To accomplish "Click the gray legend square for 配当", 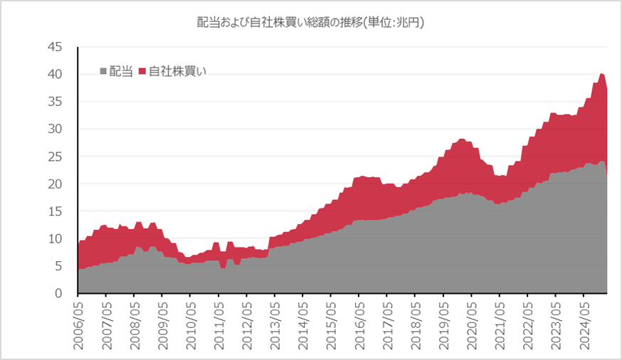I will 103,71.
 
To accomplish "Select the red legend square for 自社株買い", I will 142,71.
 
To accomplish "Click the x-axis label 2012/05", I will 246,324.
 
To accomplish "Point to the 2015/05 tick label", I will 330,324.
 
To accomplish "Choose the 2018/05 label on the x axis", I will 415,324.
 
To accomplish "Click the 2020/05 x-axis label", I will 471,324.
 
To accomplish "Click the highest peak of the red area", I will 601,74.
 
